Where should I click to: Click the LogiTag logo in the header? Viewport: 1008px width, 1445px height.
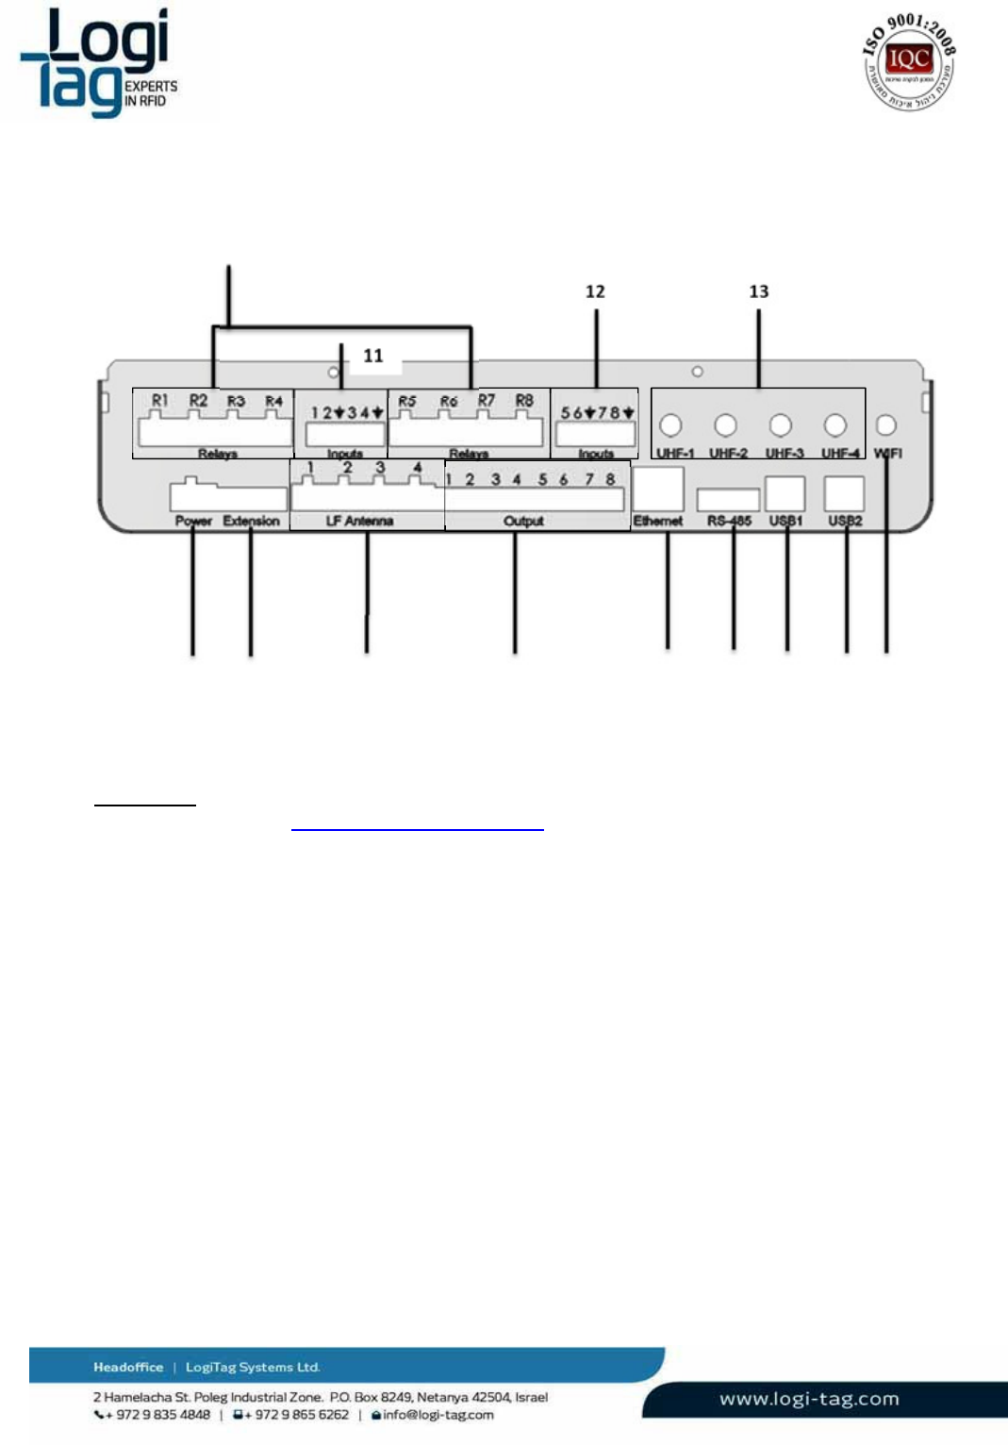(99, 63)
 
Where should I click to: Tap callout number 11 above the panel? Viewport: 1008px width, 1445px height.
(373, 356)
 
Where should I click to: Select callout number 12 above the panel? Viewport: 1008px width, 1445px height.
(595, 291)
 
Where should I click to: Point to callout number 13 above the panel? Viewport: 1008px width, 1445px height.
(759, 291)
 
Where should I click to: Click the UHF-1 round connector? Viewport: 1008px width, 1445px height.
(670, 425)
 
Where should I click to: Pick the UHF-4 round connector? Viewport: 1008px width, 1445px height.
(834, 425)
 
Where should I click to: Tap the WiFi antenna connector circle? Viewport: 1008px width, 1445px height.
(886, 424)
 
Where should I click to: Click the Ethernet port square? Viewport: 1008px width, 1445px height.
(658, 490)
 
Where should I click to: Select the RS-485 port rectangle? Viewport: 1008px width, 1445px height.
(728, 499)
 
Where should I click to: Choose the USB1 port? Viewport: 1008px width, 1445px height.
(785, 493)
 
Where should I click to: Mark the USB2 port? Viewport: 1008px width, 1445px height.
(844, 493)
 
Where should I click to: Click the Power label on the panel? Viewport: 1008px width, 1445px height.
(193, 521)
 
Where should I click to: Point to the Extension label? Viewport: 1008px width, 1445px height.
(251, 521)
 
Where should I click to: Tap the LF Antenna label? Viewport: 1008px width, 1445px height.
(359, 521)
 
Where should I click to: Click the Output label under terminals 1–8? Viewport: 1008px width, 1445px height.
(523, 521)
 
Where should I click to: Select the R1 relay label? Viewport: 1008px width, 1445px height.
(160, 401)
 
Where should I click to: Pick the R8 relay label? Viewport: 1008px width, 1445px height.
(524, 401)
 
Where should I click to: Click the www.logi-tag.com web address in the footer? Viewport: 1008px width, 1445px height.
(809, 1399)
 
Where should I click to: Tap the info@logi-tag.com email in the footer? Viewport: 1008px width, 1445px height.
(438, 1415)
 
